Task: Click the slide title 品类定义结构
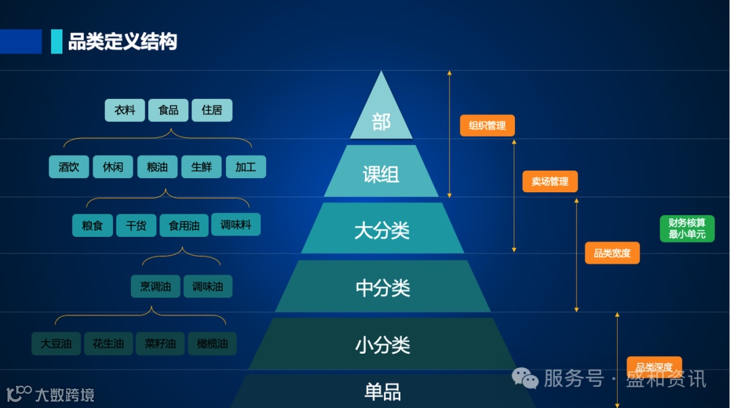(122, 42)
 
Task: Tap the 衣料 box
(124, 110)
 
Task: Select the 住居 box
(212, 110)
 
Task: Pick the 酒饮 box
(69, 167)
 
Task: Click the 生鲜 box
(201, 167)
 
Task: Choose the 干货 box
(136, 225)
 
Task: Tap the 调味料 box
(235, 225)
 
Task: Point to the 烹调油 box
(155, 286)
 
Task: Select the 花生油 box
(108, 344)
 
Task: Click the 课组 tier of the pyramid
(381, 175)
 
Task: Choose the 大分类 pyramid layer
(382, 231)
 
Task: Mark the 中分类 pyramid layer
(383, 288)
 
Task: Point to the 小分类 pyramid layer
(383, 346)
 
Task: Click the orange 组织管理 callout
(487, 126)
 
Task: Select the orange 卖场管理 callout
(550, 181)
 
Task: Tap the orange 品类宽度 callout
(612, 253)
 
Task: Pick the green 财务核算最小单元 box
(687, 229)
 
